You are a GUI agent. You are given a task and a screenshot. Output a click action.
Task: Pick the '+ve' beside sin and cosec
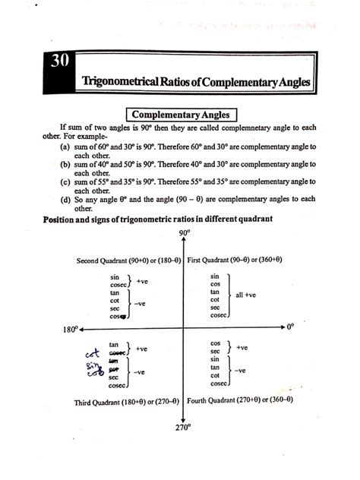point(141,280)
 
